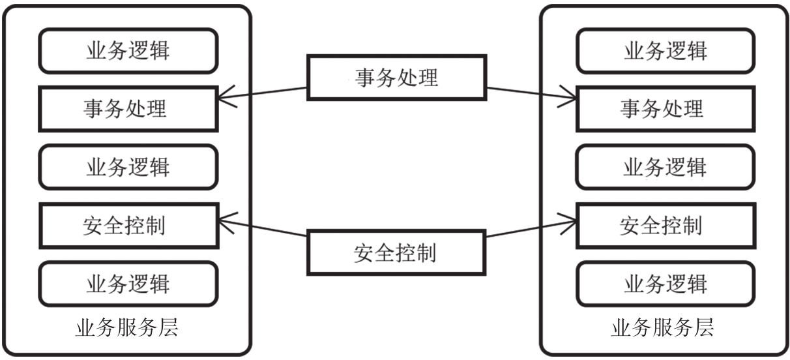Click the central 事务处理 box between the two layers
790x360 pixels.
tap(396, 78)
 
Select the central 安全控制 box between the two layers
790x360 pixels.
tap(396, 252)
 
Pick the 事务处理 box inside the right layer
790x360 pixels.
tap(665, 108)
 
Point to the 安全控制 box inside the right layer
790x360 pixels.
tap(665, 225)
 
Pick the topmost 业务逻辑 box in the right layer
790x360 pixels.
tap(665, 50)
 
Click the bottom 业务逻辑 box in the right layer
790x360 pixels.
tap(665, 284)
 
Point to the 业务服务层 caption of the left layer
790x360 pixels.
tap(126, 327)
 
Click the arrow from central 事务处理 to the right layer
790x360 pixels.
tap(531, 93)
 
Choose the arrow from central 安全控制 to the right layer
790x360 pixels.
tap(531, 231)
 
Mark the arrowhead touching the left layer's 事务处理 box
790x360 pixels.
tap(223, 98)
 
